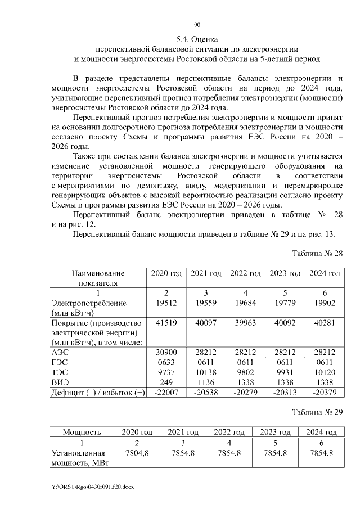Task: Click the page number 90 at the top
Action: [x=197, y=25]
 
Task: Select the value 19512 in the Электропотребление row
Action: [x=166, y=303]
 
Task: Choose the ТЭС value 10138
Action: [x=205, y=372]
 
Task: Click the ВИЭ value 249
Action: [x=166, y=382]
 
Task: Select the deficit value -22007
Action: [x=166, y=392]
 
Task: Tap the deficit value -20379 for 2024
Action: [x=323, y=392]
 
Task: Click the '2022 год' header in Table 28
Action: [x=245, y=273]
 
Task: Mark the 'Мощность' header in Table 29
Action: [x=82, y=432]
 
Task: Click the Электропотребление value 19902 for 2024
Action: [x=323, y=303]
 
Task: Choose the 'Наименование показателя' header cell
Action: [x=98, y=278]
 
